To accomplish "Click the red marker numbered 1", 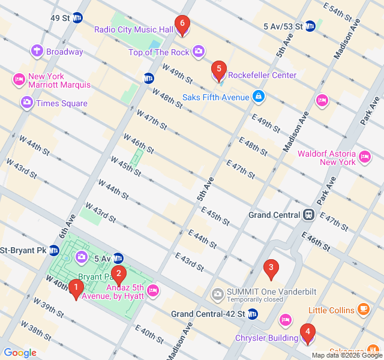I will (x=76, y=289).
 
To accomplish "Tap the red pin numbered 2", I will (x=119, y=275).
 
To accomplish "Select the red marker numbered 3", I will (x=271, y=269).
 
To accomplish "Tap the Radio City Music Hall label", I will (x=134, y=29).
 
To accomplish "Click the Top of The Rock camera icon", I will (x=199, y=52).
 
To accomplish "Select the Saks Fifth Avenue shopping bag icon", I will (x=258, y=96).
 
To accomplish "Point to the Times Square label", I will (x=61, y=103).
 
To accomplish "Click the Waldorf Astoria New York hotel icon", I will (x=365, y=158).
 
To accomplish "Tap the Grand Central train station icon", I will (x=308, y=215).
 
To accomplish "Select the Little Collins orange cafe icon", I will (x=363, y=310).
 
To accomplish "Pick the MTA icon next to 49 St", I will (x=77, y=18).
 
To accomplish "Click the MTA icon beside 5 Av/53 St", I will (x=310, y=26).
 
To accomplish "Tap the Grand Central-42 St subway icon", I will (x=253, y=314).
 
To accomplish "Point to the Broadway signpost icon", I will (x=37, y=52).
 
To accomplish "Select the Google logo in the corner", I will (x=19, y=353).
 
